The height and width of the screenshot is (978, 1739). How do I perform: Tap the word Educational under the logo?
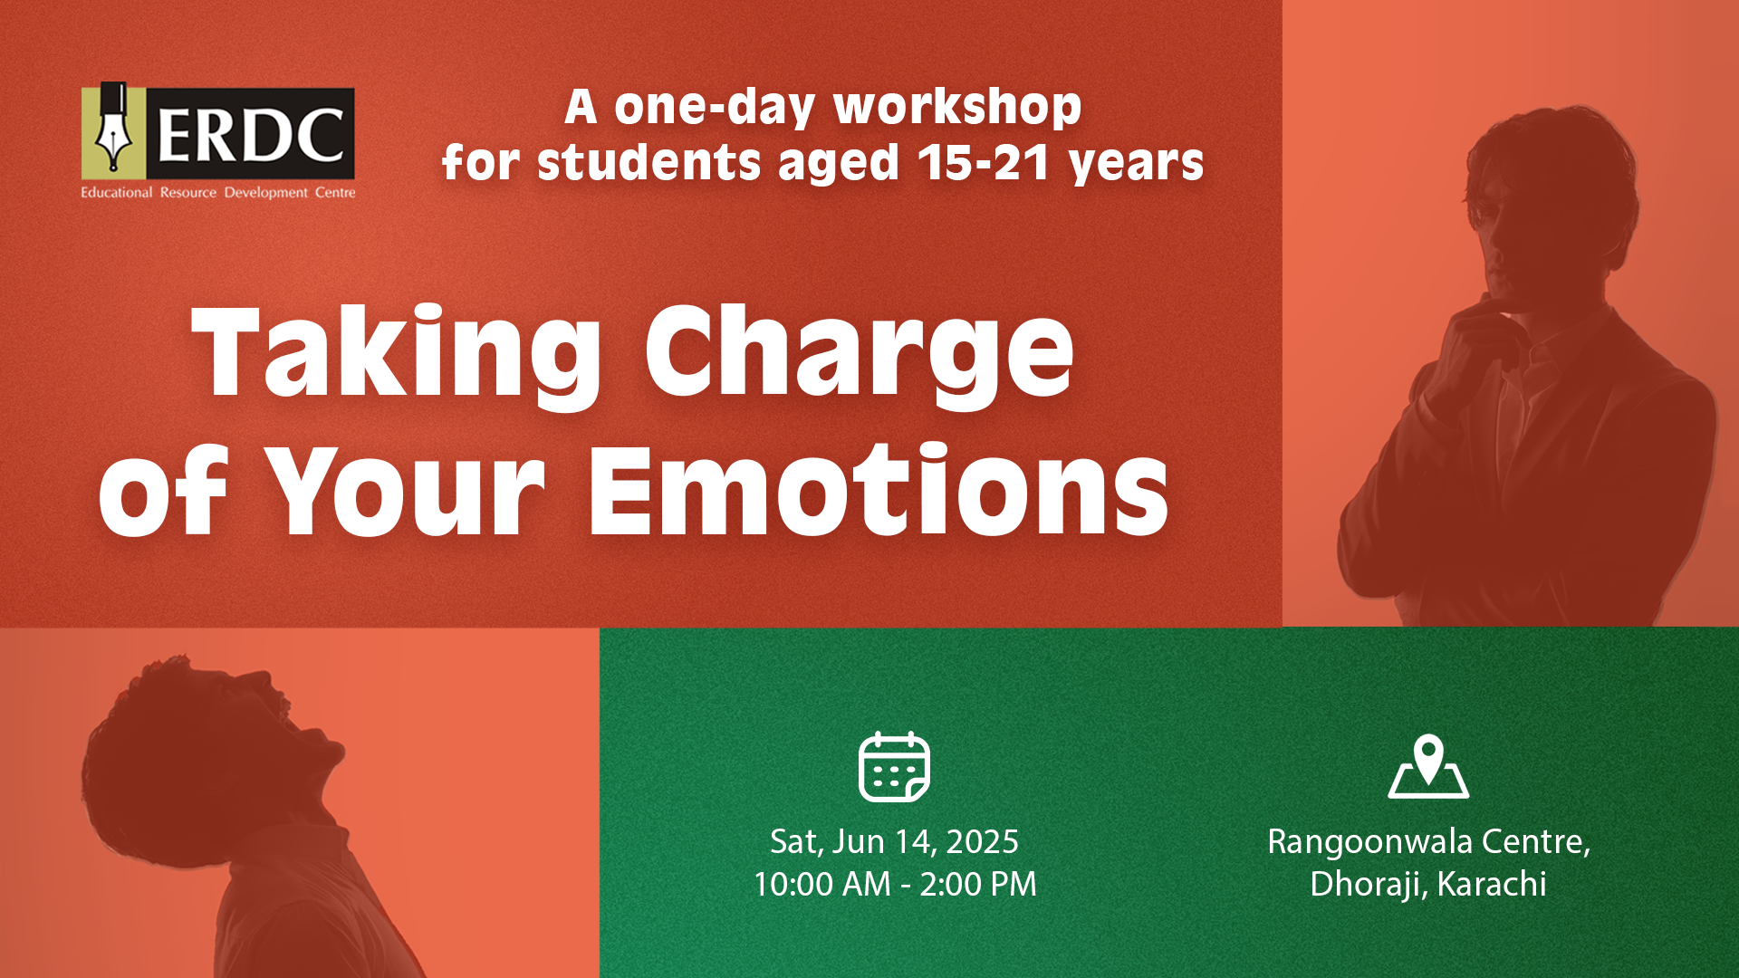pos(117,192)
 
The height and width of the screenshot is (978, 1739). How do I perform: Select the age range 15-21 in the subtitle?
pos(985,163)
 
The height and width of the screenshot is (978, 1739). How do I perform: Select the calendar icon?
pos(894,767)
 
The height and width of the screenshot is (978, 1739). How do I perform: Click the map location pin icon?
pos(1428,766)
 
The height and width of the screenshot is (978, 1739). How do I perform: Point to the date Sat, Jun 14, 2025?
pos(894,842)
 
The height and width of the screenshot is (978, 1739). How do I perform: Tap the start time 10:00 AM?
pos(822,885)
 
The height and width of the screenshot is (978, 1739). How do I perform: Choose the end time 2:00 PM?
pos(978,885)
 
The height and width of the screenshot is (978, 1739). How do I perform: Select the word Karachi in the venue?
pos(1492,884)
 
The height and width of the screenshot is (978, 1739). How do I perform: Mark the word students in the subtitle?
pos(649,164)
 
